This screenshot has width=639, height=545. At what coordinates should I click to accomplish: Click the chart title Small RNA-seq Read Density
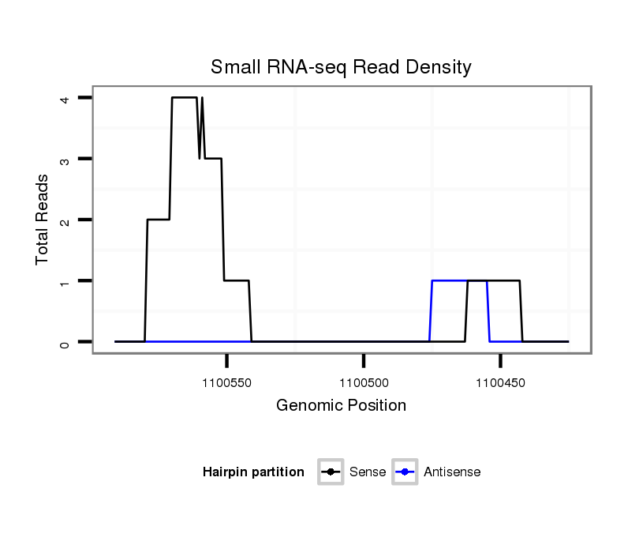point(341,67)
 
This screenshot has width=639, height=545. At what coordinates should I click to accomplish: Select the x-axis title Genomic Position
point(341,406)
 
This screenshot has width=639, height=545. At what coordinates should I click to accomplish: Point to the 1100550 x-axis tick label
point(227,383)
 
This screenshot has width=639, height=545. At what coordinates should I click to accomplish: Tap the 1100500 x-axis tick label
point(364,383)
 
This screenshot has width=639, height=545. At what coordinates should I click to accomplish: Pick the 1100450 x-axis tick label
point(501,383)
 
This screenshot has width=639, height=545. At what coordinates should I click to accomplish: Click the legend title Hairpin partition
point(253,472)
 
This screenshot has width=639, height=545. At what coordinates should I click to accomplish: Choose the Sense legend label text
point(367,472)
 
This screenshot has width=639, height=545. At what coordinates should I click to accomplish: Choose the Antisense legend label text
point(452,472)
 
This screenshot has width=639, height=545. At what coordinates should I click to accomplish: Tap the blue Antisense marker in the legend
point(405,472)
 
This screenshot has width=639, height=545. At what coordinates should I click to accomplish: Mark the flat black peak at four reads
point(185,97)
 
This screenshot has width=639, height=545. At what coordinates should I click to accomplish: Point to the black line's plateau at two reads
point(159,220)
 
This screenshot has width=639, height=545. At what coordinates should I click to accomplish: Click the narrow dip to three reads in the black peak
point(200,157)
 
